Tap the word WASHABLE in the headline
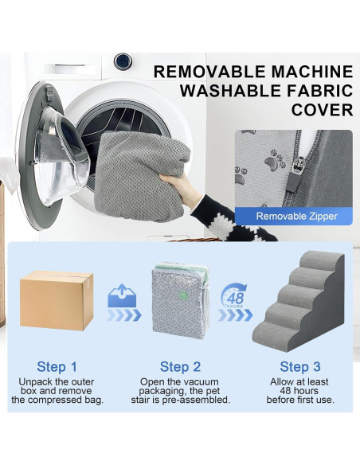[x=230, y=91]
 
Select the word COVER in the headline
[x=322, y=110]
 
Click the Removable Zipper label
[x=296, y=217]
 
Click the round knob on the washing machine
[x=123, y=61]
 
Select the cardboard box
[x=57, y=300]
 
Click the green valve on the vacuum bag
[x=183, y=295]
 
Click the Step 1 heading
[x=57, y=367]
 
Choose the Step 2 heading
[x=180, y=367]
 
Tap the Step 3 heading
[x=300, y=367]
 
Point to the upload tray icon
[x=122, y=296]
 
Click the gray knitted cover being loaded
[x=143, y=175]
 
